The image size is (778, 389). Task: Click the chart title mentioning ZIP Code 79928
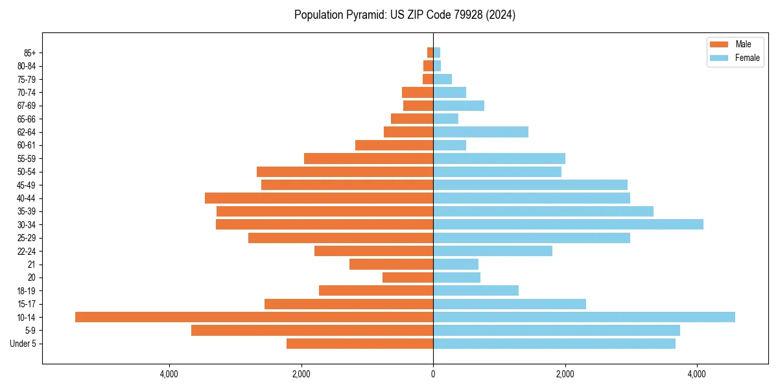405,15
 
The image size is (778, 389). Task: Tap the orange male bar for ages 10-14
254,317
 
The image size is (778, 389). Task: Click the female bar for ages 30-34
568,224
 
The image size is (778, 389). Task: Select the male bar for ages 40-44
319,198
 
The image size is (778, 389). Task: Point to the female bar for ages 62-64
480,132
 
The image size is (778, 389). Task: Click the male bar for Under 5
360,344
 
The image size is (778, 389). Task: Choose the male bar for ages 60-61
394,145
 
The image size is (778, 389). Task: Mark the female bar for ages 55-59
499,158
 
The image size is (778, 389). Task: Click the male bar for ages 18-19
376,290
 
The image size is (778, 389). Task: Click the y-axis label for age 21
32,264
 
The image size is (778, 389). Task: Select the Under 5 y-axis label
23,344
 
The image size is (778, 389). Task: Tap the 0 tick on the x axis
433,374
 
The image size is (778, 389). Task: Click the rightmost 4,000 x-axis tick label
697,374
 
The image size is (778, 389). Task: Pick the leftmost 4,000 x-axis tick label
169,374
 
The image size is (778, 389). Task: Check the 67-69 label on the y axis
27,106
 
